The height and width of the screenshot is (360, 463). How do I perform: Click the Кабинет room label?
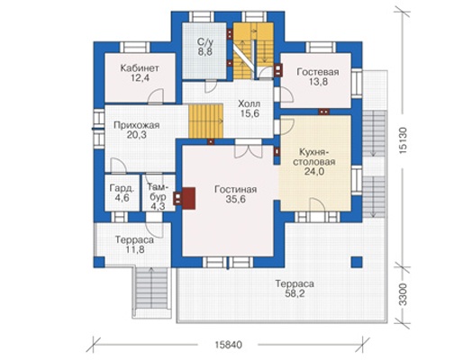pyautogui.click(x=140, y=68)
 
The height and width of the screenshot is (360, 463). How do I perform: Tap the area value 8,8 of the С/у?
pyautogui.click(x=205, y=51)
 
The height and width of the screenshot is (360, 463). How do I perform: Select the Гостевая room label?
pyautogui.click(x=318, y=72)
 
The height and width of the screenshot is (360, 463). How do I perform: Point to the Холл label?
pyautogui.click(x=250, y=103)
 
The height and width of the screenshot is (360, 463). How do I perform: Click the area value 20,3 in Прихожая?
pyautogui.click(x=136, y=135)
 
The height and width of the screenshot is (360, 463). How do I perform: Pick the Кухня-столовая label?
pyautogui.click(x=314, y=157)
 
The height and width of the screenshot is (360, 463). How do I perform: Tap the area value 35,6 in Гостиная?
pyautogui.click(x=236, y=199)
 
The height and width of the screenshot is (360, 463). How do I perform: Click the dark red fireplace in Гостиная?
pyautogui.click(x=188, y=198)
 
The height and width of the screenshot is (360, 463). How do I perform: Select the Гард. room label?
pyautogui.click(x=122, y=188)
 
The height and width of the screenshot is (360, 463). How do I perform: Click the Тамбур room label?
pyautogui.click(x=158, y=192)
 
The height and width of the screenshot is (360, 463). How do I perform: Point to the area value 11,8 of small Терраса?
pyautogui.click(x=135, y=249)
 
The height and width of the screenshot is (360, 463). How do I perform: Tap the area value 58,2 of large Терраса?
pyautogui.click(x=295, y=293)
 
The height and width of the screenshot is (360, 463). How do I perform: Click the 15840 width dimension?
pyautogui.click(x=228, y=345)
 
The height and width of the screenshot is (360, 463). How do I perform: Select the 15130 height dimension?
pyautogui.click(x=404, y=140)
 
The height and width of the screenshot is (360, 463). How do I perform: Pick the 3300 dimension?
pyautogui.click(x=404, y=294)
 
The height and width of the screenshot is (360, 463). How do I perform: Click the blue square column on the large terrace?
pyautogui.click(x=357, y=262)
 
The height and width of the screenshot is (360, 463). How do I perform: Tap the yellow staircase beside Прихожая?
pyautogui.click(x=206, y=121)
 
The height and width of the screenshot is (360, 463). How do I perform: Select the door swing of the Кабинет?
pyautogui.click(x=156, y=96)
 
